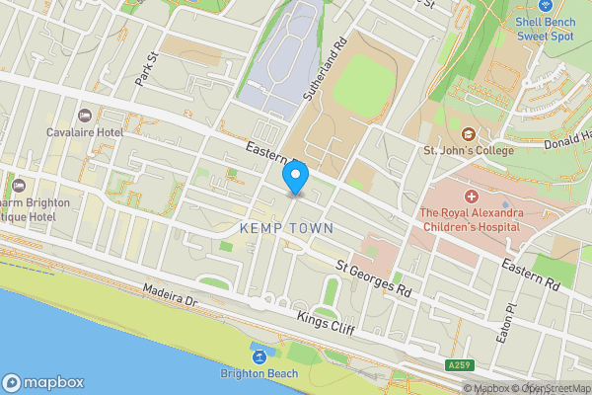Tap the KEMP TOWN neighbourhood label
[x=286, y=228]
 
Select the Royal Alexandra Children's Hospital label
[x=472, y=218]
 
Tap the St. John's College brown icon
[x=467, y=134]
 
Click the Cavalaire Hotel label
[x=84, y=131]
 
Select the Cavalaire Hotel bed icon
[x=84, y=116]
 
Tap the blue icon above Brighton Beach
[x=258, y=355]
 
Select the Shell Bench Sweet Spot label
[x=546, y=28]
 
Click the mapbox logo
[x=43, y=382]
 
